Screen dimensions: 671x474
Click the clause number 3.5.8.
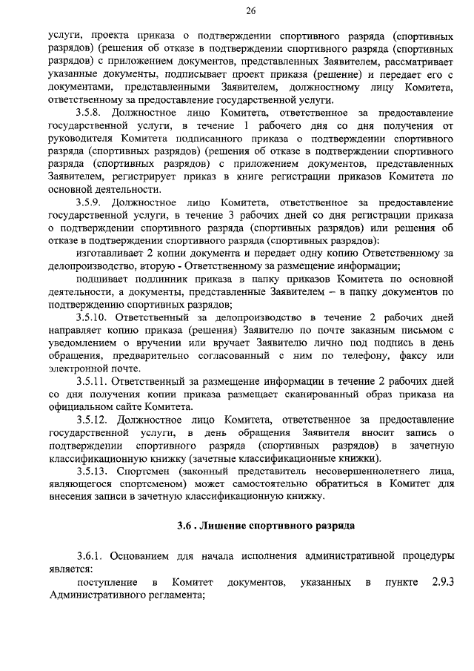point(92,112)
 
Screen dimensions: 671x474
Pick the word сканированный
point(319,393)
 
